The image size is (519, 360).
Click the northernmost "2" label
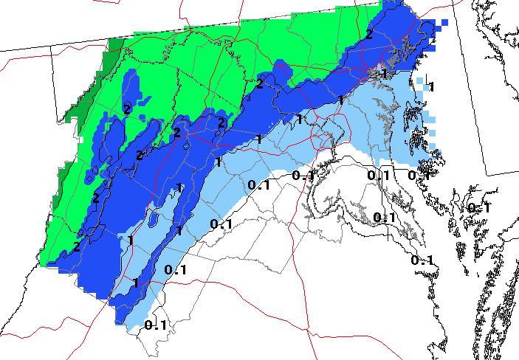tap(368, 34)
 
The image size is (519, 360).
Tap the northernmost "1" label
tap(383, 74)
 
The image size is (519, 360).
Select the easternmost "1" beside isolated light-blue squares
tap(431, 87)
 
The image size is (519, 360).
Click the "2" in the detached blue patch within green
tap(127, 108)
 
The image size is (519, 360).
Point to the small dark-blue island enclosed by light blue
tap(153, 219)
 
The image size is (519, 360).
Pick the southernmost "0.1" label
tap(156, 325)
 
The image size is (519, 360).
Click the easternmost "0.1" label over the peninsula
tap(478, 208)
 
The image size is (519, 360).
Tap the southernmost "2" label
tap(77, 247)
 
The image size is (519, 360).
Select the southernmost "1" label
tap(135, 283)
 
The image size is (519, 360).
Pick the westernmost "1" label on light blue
tap(130, 240)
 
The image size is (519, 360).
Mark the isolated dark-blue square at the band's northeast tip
tap(445, 23)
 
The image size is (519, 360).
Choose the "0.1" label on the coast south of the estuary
tap(422, 260)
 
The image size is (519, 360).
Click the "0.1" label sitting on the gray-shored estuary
tap(384, 217)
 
